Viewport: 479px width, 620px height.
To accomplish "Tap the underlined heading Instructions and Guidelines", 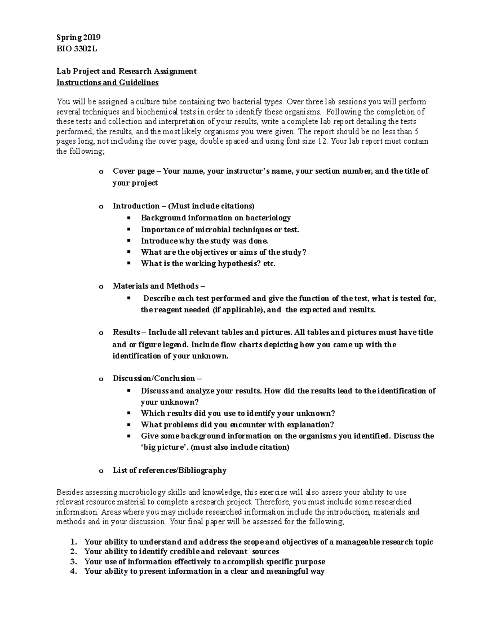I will coord(107,83).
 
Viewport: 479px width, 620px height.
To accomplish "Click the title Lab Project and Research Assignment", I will coord(127,71).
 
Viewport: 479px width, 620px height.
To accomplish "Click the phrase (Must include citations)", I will coord(211,206).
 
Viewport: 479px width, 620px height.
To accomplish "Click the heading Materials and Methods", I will coord(156,286).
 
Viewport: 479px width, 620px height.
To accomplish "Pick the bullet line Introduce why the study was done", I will coord(204,241).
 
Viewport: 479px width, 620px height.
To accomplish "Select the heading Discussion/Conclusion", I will coord(154,378).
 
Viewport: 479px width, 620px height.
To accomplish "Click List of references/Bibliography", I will coord(170,470).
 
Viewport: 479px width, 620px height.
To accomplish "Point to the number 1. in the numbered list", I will coord(73,542).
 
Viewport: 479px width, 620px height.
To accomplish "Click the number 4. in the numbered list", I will coord(73,571).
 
